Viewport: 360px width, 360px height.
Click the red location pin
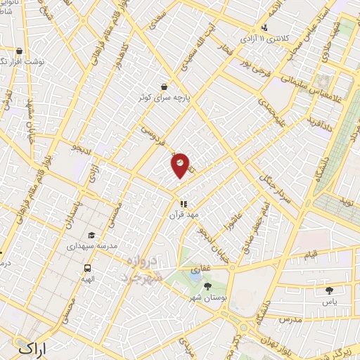click(x=180, y=165)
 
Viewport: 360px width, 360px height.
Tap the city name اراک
click(x=34, y=347)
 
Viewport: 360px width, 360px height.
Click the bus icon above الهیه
click(x=88, y=268)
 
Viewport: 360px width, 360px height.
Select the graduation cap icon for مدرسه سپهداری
click(x=91, y=236)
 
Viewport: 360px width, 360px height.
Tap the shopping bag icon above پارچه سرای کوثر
click(x=164, y=86)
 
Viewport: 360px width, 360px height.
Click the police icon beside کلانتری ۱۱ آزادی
click(x=264, y=28)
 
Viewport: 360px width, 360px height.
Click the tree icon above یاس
click(x=329, y=289)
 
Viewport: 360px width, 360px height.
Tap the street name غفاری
click(x=200, y=269)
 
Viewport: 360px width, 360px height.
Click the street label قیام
click(x=310, y=253)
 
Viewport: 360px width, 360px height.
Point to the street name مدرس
click(x=290, y=319)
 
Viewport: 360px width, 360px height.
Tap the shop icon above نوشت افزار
click(x=19, y=51)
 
